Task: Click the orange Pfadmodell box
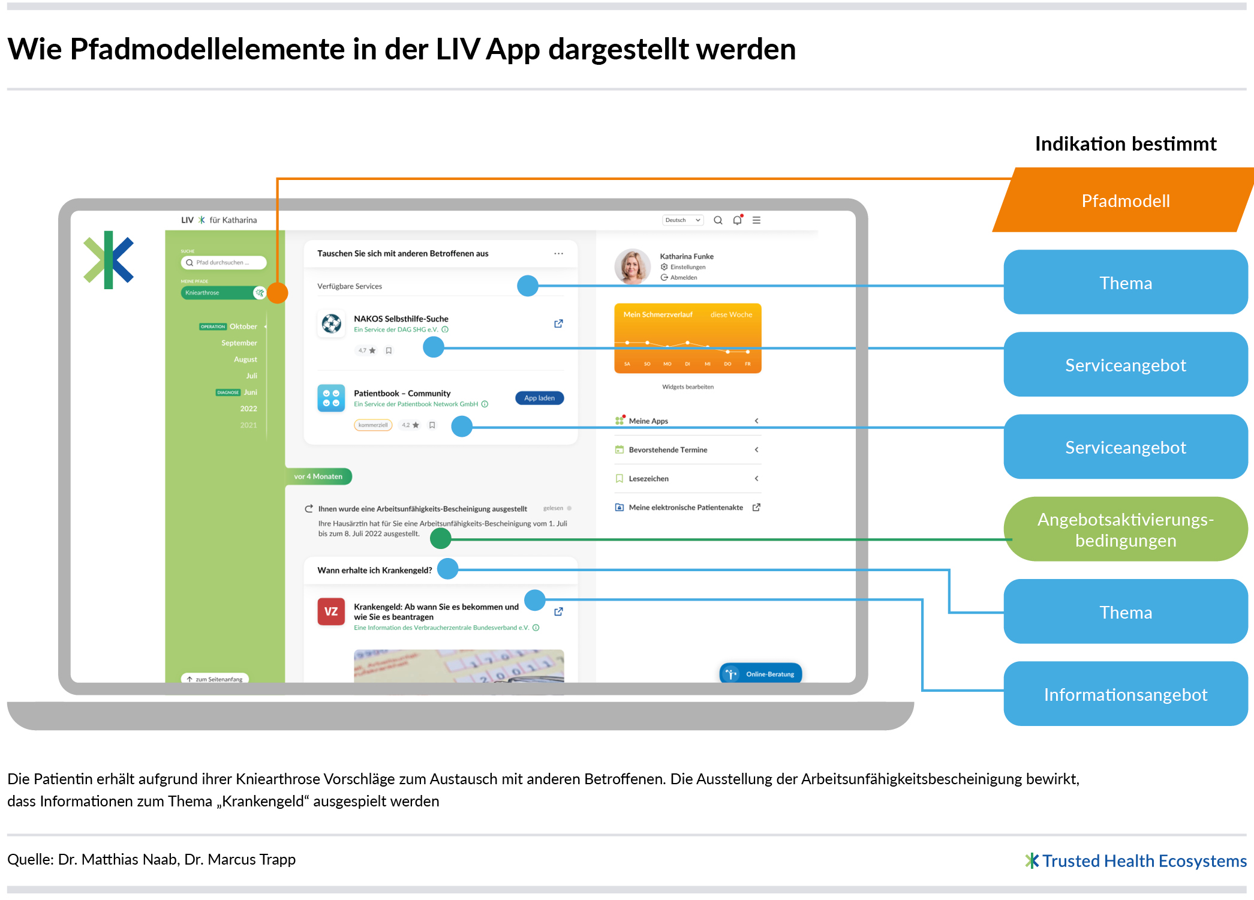click(x=1125, y=200)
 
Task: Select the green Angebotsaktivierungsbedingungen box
click(x=1125, y=529)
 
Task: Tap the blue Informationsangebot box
click(x=1125, y=694)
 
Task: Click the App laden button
click(x=539, y=398)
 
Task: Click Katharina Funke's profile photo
click(x=632, y=266)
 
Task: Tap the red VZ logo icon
click(x=330, y=611)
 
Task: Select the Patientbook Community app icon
click(x=330, y=398)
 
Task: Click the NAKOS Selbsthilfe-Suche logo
click(x=331, y=323)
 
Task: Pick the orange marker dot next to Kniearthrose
click(x=278, y=293)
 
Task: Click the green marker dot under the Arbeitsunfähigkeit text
click(x=441, y=538)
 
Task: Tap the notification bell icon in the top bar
click(x=737, y=220)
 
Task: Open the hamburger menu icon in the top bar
click(x=757, y=220)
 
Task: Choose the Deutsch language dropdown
click(x=682, y=220)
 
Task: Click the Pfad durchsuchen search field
click(x=223, y=262)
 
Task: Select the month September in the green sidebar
click(x=239, y=343)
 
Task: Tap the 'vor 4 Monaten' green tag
click(x=318, y=476)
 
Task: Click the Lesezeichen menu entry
click(x=648, y=478)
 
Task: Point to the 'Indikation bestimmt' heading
click(x=1125, y=144)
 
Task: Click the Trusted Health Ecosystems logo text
click(x=1143, y=861)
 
